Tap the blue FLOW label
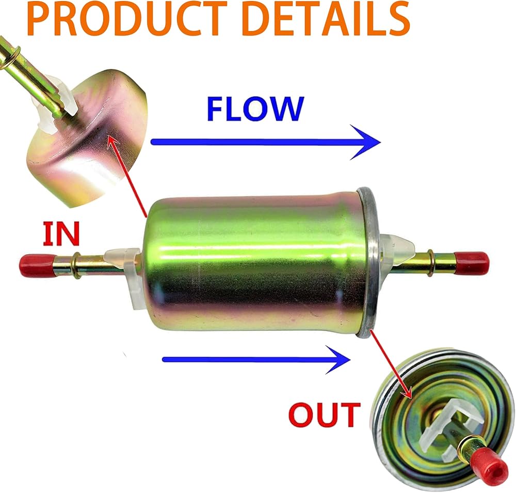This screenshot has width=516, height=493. (255, 109)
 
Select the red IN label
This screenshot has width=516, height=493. (61, 234)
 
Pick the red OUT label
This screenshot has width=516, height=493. (325, 414)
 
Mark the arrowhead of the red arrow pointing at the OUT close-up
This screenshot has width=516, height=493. (408, 393)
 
